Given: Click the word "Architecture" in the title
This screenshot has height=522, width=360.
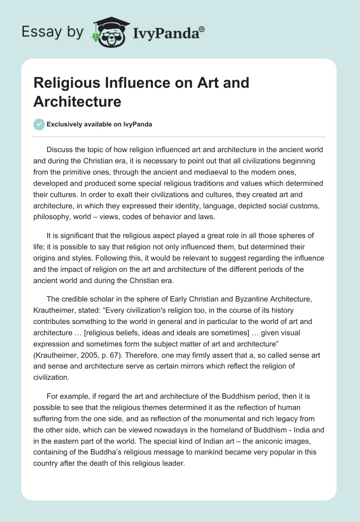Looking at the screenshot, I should click(77, 101).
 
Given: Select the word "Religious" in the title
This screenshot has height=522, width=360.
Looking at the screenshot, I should click(65, 83).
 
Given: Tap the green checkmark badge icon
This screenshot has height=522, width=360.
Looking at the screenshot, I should click(39, 124).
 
